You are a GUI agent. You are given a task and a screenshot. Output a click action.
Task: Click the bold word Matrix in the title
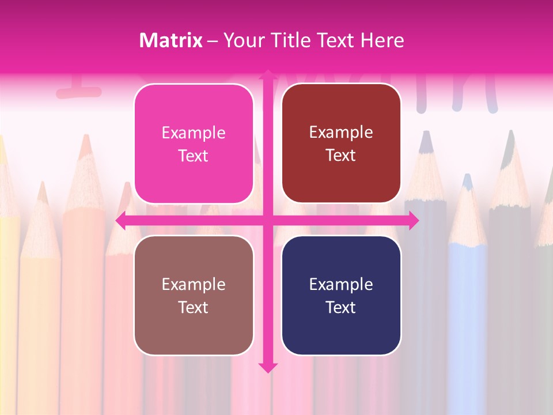pyautogui.click(x=171, y=40)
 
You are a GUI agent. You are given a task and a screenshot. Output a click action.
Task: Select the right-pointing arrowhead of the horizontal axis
pyautogui.click(x=414, y=221)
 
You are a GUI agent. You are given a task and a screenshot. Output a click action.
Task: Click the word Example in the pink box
pyautogui.click(x=194, y=133)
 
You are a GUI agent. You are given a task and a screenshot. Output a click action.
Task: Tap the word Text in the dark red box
pyautogui.click(x=341, y=156)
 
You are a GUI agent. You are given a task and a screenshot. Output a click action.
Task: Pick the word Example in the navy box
pyautogui.click(x=341, y=285)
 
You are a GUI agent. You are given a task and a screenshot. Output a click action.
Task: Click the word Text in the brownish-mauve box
pyautogui.click(x=194, y=307)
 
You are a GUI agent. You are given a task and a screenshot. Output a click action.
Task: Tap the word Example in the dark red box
pyautogui.click(x=341, y=133)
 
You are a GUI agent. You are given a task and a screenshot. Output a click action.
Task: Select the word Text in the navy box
pyautogui.click(x=341, y=307)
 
